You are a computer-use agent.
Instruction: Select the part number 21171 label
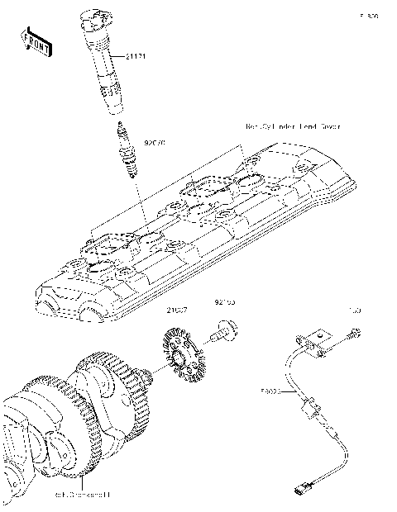click(x=136, y=56)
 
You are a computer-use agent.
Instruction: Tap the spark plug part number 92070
click(x=155, y=143)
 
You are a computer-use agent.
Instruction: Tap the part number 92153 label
click(x=225, y=303)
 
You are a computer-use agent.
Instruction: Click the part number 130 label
click(x=355, y=311)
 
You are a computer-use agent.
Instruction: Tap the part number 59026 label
click(x=271, y=393)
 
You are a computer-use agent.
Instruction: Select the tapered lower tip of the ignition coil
click(x=114, y=106)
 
